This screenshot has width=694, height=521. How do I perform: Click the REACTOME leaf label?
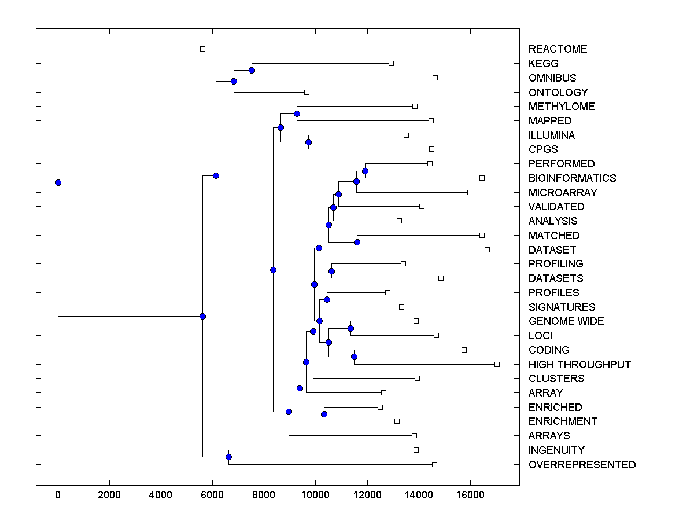click(558, 49)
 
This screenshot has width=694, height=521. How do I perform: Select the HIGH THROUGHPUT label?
click(579, 364)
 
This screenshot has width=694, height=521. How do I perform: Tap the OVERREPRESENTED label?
click(582, 465)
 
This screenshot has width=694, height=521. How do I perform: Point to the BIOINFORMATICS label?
click(572, 178)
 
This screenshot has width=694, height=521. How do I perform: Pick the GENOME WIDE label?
click(566, 321)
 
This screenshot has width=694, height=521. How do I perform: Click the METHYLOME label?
click(562, 107)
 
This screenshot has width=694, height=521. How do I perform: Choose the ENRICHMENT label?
click(563, 421)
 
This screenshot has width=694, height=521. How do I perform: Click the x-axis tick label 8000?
click(264, 494)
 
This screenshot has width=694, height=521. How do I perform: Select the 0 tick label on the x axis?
click(58, 494)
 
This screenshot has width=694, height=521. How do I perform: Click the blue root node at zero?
click(58, 182)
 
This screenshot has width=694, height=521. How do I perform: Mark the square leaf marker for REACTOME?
click(202, 49)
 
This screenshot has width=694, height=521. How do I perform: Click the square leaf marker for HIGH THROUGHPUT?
click(497, 364)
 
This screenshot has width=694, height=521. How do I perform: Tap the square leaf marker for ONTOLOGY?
click(307, 92)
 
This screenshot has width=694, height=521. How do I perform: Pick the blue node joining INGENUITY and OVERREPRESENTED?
click(228, 457)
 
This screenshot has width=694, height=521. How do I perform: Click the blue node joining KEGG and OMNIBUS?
click(252, 70)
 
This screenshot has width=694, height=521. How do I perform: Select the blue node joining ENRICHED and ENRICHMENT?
click(324, 414)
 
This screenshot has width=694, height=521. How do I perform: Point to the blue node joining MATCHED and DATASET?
click(357, 243)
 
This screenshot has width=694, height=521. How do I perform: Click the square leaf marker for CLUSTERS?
click(417, 378)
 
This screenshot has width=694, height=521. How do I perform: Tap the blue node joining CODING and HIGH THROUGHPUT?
click(354, 357)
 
